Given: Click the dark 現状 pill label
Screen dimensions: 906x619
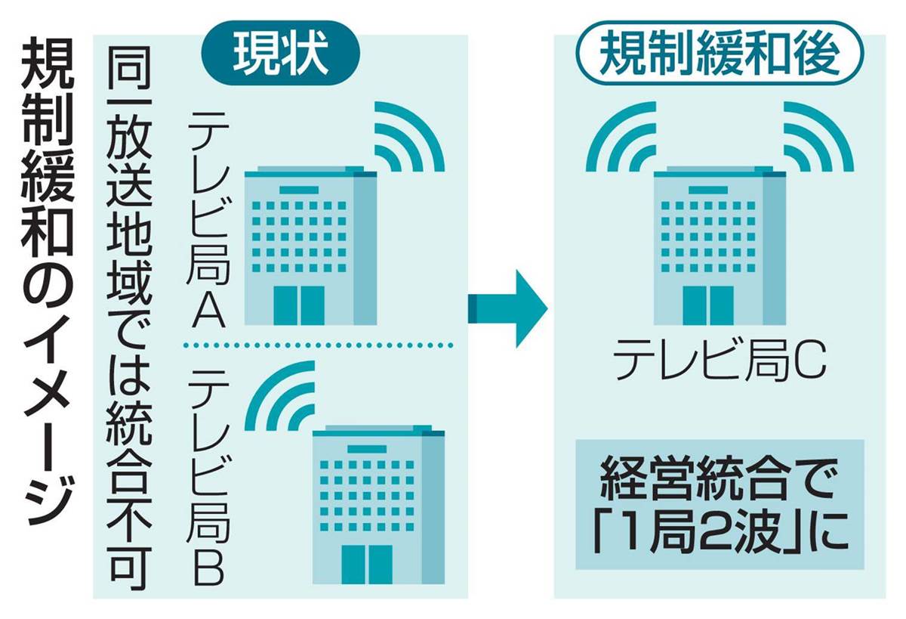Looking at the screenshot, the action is click(x=280, y=53).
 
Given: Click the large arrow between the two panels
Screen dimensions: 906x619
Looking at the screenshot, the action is click(x=507, y=309).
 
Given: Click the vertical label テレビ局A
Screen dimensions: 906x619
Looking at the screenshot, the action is click(x=208, y=221).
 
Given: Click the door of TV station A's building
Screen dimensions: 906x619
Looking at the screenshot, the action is click(x=299, y=305).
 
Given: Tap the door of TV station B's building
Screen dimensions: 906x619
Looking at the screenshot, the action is click(x=367, y=565).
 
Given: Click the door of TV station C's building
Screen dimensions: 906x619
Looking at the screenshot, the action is click(x=708, y=305).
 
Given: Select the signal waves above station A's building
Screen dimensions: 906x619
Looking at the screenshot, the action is click(x=410, y=137).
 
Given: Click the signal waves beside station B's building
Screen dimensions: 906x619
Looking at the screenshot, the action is click(x=279, y=395).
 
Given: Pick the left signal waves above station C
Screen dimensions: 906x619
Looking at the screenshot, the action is click(x=621, y=137).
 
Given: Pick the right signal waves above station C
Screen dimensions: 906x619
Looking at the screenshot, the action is click(x=819, y=137).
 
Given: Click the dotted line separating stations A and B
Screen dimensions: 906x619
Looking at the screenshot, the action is click(x=317, y=345).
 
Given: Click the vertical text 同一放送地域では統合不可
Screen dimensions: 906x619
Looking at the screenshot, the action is click(x=130, y=317).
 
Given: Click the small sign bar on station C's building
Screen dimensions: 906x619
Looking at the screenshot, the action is click(x=708, y=190).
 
